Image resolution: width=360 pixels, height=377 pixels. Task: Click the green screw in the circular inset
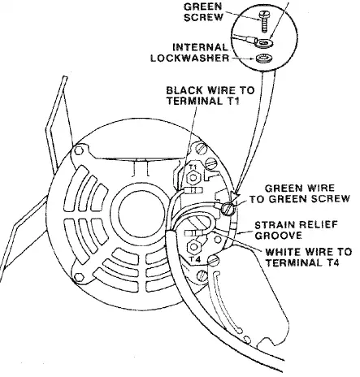(x=264, y=22)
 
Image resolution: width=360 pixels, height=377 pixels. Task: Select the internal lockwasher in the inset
(x=263, y=58)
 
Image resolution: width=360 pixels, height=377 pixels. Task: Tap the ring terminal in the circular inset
(x=262, y=42)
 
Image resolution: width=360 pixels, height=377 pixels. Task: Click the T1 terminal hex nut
(x=193, y=178)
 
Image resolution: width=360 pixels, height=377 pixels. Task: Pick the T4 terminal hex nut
(x=193, y=247)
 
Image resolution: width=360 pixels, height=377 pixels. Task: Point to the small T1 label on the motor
(x=192, y=167)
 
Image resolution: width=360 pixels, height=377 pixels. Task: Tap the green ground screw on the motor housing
(x=227, y=209)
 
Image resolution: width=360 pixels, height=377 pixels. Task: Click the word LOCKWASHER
(x=190, y=58)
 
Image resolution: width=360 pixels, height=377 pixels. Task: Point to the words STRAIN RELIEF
(x=297, y=224)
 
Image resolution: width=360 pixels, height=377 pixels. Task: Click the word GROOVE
(x=278, y=236)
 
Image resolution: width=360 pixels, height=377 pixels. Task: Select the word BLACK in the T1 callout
(x=184, y=90)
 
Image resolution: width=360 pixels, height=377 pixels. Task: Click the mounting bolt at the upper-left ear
(x=79, y=150)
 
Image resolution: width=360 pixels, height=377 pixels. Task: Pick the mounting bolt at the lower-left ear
(x=79, y=277)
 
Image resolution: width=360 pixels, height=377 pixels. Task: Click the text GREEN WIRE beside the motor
(x=299, y=188)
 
